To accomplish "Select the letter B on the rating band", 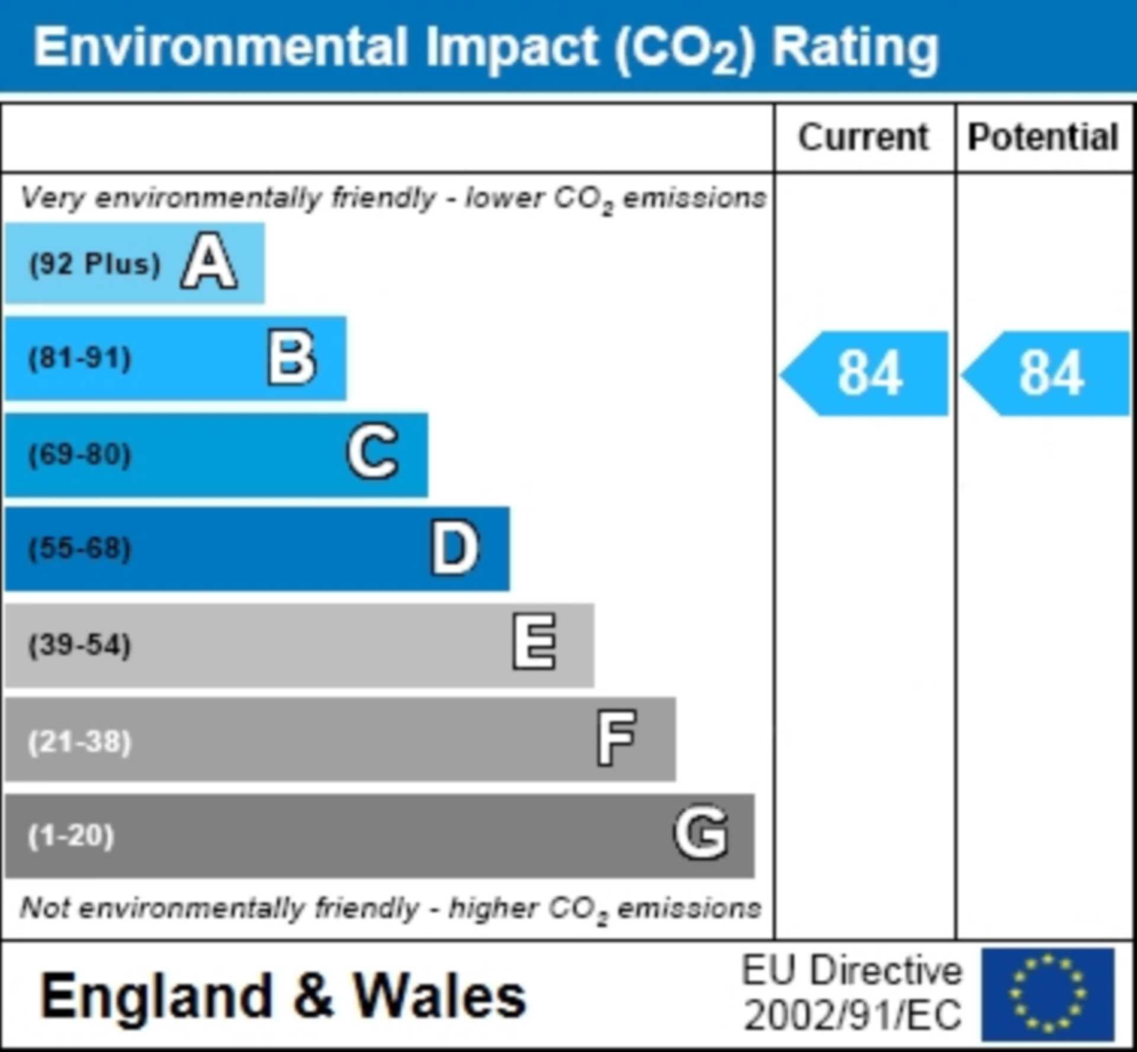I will click(291, 358).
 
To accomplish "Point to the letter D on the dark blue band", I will click(454, 548).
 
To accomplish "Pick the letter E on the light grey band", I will click(534, 642).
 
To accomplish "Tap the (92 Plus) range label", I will click(95, 264).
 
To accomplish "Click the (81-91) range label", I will click(80, 358).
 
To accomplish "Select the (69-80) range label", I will click(80, 455).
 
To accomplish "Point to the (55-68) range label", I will click(80, 549).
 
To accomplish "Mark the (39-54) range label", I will click(80, 645).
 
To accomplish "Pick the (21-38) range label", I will click(80, 741).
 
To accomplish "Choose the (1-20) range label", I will click(71, 835).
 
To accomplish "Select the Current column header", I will click(863, 137).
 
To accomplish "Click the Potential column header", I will click(1043, 137).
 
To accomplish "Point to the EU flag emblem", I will click(1048, 994).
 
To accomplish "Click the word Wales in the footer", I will click(439, 997).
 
